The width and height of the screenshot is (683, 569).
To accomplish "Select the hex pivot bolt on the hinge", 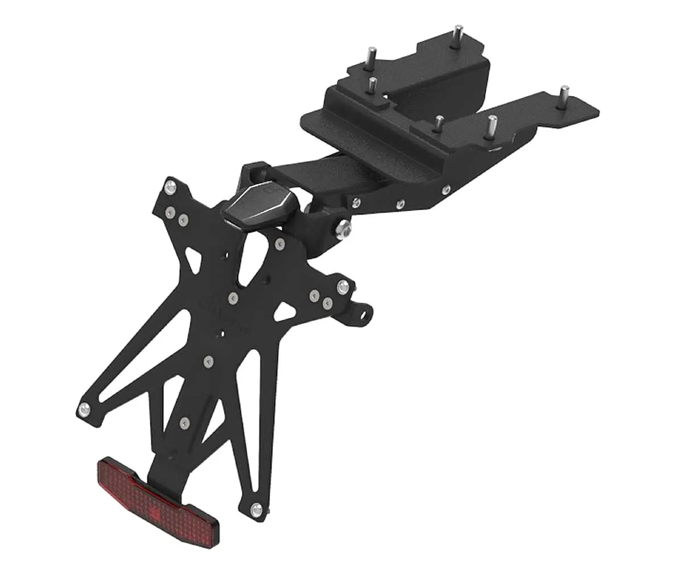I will [343, 229].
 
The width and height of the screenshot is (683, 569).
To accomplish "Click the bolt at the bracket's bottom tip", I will [257, 510].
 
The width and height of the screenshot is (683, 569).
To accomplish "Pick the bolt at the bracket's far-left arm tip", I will [85, 407].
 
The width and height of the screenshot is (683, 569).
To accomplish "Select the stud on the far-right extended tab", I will [564, 93].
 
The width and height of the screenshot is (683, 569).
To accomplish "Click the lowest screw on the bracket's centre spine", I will [183, 423].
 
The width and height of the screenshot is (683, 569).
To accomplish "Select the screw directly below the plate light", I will [279, 244].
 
